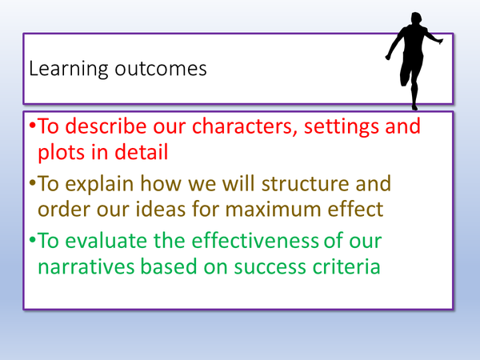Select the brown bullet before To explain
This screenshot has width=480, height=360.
click(x=33, y=183)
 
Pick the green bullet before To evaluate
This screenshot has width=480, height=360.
click(x=33, y=240)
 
